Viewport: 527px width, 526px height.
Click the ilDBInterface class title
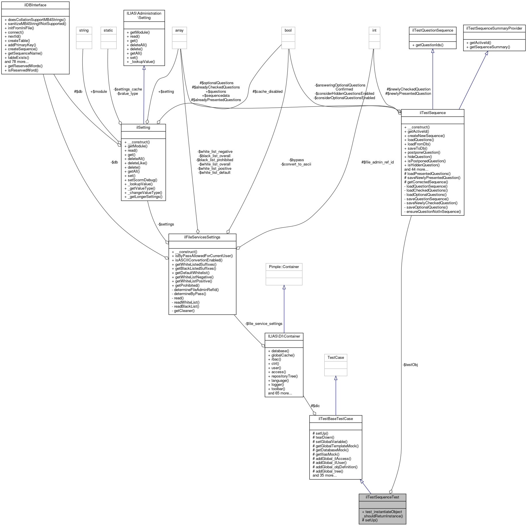(x=35, y=5)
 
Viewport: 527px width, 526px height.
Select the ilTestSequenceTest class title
(x=382, y=497)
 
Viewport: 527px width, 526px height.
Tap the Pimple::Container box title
(x=284, y=267)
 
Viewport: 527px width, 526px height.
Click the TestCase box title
(x=336, y=357)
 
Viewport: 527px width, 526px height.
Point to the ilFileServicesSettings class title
(x=202, y=237)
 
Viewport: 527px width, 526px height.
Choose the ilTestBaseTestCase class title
(x=336, y=419)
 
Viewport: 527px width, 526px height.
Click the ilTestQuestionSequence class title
(x=432, y=30)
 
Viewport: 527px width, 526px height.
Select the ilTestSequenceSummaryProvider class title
(x=494, y=28)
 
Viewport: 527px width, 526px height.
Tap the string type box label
(x=84, y=30)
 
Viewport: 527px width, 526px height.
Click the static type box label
(x=108, y=30)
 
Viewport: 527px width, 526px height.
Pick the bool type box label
(x=288, y=30)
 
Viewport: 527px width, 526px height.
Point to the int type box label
(x=374, y=30)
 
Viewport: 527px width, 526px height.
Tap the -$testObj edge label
(x=410, y=365)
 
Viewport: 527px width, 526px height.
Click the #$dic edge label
(x=315, y=406)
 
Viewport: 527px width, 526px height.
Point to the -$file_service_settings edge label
(x=264, y=323)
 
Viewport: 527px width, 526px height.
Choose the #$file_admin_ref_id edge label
(x=378, y=162)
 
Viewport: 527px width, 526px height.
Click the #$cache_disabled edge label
(x=268, y=91)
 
